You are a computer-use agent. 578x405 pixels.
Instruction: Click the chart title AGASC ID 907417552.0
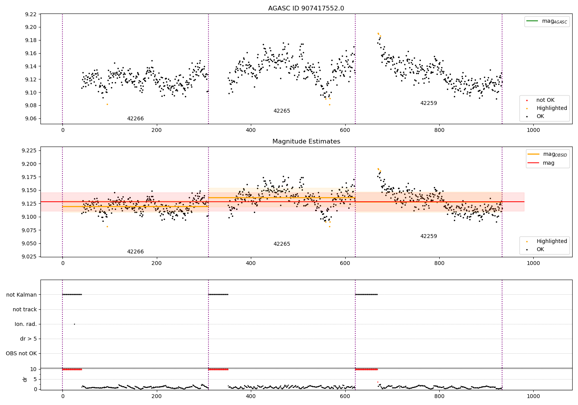pos(306,8)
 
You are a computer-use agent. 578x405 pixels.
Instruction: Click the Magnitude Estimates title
pos(306,142)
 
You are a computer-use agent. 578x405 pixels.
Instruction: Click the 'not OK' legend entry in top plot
pos(545,100)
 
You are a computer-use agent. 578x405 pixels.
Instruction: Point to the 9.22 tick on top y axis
pos(30,14)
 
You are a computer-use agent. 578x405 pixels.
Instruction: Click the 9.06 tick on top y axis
pos(30,118)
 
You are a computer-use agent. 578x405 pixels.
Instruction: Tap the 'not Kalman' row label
pos(22,295)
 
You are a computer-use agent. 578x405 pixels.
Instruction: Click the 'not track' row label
pos(25,309)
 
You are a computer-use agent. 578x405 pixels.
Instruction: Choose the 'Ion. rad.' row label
pos(26,324)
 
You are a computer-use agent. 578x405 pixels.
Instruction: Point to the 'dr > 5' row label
pos(29,339)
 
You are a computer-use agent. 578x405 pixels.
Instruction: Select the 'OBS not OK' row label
pos(21,353)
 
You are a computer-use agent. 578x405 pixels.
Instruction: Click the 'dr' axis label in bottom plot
pos(25,379)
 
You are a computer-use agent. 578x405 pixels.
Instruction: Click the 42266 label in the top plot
pos(135,119)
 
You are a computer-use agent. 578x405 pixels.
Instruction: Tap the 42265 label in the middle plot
pos(282,244)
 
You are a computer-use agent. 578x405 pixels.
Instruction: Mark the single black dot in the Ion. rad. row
pos(74,324)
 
